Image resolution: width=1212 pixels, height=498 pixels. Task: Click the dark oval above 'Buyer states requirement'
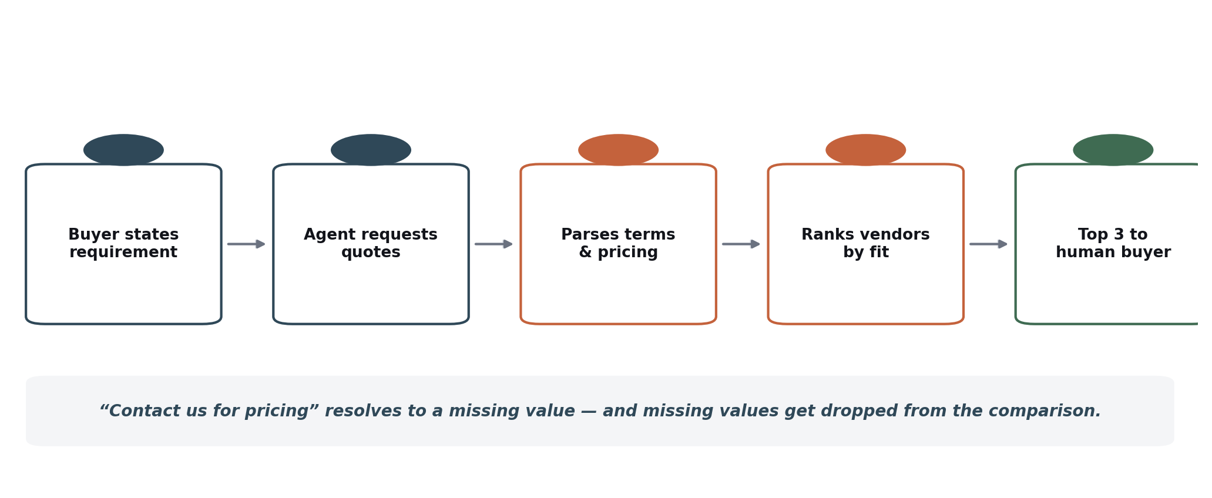(x=123, y=150)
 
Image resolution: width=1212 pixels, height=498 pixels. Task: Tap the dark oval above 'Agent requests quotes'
(x=371, y=150)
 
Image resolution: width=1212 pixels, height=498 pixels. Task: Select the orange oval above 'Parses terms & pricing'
(x=618, y=150)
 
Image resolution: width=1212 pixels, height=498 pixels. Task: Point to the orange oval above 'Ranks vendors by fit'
(x=865, y=150)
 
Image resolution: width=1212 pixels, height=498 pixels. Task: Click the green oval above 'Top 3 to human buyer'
(x=1113, y=150)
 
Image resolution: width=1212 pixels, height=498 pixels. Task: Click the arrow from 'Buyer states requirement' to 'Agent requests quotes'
(x=247, y=244)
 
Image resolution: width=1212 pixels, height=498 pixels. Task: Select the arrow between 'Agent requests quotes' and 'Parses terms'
(x=494, y=244)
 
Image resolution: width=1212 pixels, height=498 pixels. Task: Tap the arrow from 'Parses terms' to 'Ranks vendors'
(x=741, y=244)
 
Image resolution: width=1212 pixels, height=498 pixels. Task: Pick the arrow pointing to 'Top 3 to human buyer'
(x=989, y=244)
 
